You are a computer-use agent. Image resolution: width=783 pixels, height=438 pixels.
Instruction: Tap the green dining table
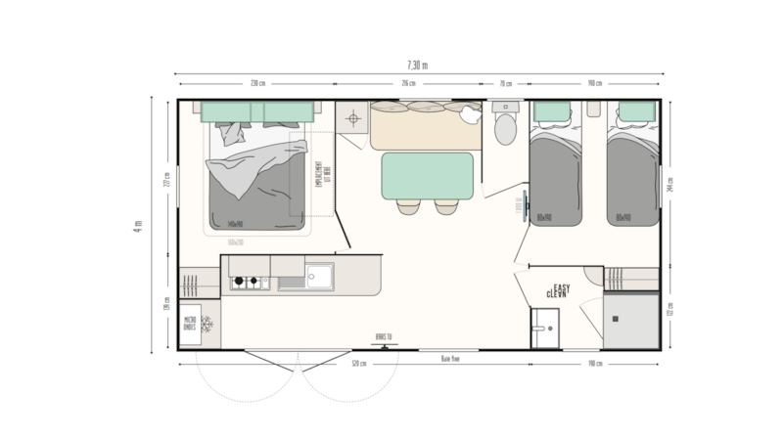click(x=426, y=174)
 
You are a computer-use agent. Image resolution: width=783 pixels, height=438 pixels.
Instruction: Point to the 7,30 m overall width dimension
click(x=419, y=65)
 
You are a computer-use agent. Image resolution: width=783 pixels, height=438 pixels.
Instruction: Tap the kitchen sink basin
click(x=318, y=277)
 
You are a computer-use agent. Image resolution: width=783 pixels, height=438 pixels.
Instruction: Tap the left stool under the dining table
click(x=407, y=206)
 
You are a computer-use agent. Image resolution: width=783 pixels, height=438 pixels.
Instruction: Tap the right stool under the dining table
click(x=445, y=206)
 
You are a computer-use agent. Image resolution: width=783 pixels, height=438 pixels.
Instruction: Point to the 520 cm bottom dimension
click(x=359, y=365)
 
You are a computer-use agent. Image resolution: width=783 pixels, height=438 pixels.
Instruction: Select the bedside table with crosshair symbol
click(x=350, y=119)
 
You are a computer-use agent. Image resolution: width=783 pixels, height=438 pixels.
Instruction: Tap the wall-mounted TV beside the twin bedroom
click(x=525, y=206)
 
